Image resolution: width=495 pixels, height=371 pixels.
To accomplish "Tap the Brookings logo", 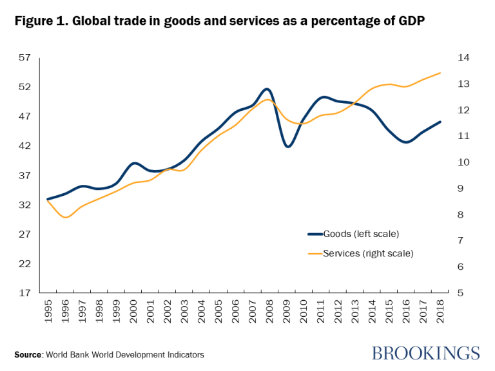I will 425,352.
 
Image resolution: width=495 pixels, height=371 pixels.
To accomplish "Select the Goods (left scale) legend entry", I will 361,233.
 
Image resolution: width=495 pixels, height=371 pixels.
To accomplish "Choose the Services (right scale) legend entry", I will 367,253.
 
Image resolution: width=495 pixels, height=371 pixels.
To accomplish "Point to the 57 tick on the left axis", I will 24,58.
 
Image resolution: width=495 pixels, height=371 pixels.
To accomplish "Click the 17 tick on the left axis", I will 24,293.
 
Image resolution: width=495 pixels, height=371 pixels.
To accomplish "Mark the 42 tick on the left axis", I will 24,146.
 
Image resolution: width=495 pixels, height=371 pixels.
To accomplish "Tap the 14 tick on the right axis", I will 463,58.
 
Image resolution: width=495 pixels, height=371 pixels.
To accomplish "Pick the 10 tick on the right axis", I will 463,162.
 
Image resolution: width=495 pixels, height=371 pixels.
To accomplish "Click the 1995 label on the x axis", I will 48,314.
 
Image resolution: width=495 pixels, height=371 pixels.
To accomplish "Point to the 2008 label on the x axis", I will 267,314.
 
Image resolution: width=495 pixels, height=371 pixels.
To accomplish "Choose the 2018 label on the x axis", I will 440,314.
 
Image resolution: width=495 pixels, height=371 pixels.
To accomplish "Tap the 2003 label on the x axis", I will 183,314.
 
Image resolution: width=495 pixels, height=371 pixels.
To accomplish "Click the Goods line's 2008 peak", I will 267,89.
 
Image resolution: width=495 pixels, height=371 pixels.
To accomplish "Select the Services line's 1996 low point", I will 65,218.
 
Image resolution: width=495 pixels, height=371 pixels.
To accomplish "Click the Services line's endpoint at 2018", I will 440,73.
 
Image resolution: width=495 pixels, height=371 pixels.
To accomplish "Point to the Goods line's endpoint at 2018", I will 440,122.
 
